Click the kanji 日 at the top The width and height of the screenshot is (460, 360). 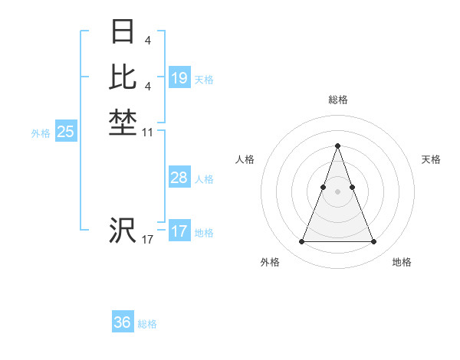[123, 32]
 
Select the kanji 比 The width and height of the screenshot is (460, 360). [123, 77]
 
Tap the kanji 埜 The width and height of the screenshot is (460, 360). [123, 122]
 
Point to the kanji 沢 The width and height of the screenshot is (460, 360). [123, 230]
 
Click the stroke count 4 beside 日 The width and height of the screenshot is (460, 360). [147, 39]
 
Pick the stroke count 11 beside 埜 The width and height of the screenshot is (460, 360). [148, 133]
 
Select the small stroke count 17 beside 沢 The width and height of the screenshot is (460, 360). [147, 241]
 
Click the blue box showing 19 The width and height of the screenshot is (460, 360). [179, 78]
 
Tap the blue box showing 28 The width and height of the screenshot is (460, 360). [179, 178]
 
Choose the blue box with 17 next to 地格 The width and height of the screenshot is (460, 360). [179, 231]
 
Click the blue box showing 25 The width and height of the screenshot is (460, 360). [66, 132]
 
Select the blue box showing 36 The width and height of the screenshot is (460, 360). [123, 322]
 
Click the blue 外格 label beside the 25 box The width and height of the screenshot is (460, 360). [41, 133]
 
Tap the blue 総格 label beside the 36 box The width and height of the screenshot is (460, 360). [148, 324]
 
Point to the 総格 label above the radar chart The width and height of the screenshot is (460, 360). [338, 100]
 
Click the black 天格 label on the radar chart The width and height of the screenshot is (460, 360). [432, 159]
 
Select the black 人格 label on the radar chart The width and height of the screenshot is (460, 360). [245, 159]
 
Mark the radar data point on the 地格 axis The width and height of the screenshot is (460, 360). [373, 242]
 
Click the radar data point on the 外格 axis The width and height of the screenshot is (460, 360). [301, 242]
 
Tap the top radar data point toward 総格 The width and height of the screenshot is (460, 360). [337, 146]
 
